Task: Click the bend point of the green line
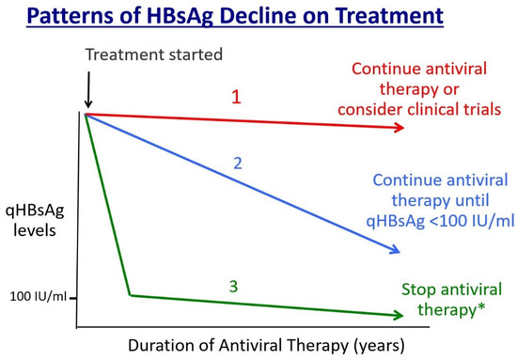point(129,295)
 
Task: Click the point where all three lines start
point(86,114)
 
